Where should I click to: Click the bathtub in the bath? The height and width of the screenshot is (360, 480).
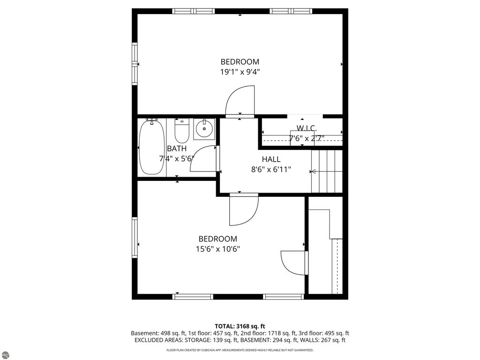151,147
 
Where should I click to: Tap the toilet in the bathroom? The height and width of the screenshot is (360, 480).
182,131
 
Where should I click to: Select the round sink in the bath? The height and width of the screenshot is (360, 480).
204,129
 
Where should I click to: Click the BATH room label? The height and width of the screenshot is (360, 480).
177,149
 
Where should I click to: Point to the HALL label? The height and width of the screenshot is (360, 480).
271,159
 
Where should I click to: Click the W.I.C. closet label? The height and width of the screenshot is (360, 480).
307,128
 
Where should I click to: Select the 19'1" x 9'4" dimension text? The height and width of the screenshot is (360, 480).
240,72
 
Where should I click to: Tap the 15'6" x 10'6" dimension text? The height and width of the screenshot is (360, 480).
218,249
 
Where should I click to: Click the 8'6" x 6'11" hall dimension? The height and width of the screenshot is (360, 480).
271,169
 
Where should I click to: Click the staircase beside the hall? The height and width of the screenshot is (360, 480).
327,171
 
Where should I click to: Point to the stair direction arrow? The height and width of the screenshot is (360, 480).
313,172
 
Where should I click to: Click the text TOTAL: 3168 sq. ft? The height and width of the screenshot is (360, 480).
240,326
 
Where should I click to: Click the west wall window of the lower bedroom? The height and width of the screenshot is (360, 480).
135,238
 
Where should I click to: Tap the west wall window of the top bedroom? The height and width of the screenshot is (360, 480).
135,64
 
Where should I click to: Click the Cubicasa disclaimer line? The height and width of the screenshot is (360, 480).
240,350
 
